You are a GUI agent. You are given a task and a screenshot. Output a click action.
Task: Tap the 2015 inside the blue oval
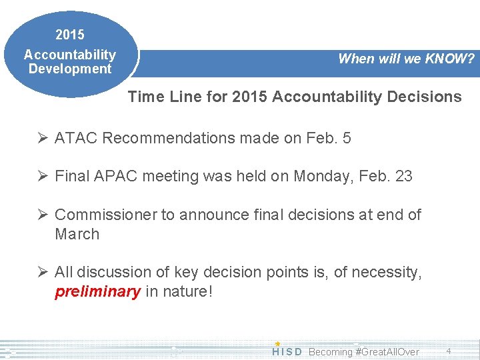[70, 34]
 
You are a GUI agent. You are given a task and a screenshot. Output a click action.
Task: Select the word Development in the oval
[70, 69]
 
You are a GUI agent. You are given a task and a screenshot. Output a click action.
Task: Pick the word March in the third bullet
[77, 235]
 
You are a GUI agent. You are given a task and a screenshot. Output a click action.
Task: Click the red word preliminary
[97, 292]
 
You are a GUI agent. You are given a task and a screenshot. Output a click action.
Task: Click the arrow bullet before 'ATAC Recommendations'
[42, 139]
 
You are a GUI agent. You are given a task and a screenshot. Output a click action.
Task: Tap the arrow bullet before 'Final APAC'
[42, 177]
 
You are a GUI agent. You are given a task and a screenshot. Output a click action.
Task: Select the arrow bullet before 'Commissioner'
[42, 215]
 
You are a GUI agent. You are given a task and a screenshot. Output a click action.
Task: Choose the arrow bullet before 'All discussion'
[42, 273]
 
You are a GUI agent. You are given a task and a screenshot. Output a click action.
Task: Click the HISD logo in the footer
[287, 351]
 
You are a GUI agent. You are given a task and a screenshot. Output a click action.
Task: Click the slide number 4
[449, 351]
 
